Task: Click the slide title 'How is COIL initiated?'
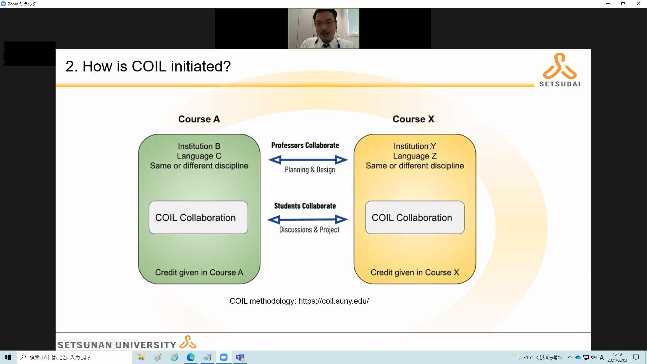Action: [x=157, y=66]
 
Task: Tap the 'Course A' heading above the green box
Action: [x=199, y=119]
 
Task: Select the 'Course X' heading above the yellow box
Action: [x=413, y=119]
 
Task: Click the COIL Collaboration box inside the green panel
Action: [x=198, y=217]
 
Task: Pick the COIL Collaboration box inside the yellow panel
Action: [x=415, y=217]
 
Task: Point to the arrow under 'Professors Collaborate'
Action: [x=308, y=160]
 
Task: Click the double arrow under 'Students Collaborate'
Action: [x=308, y=220]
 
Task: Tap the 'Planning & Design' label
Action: [x=310, y=170]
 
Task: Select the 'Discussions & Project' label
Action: [x=309, y=230]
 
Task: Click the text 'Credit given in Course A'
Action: [x=199, y=272]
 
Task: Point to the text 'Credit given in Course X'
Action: [x=415, y=272]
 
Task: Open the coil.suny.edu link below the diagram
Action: [x=334, y=301]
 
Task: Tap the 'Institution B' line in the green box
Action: [x=199, y=146]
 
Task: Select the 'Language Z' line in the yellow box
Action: [x=415, y=156]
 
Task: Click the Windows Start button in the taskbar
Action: [x=8, y=357]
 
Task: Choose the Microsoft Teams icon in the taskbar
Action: [x=240, y=357]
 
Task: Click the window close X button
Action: [x=639, y=4]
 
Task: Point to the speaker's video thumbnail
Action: [x=323, y=28]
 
